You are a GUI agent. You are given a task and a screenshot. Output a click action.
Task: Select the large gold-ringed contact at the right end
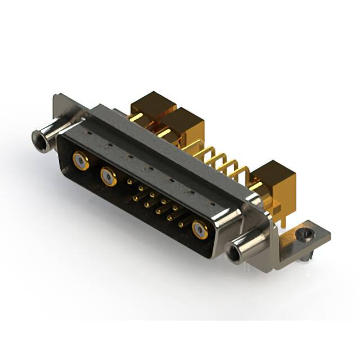(x=200, y=229)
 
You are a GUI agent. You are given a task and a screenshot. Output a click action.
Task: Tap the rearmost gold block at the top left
(x=147, y=104)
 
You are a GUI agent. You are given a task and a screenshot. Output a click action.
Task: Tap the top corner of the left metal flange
(x=57, y=97)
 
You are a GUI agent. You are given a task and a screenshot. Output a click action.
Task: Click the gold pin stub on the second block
(x=164, y=134)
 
